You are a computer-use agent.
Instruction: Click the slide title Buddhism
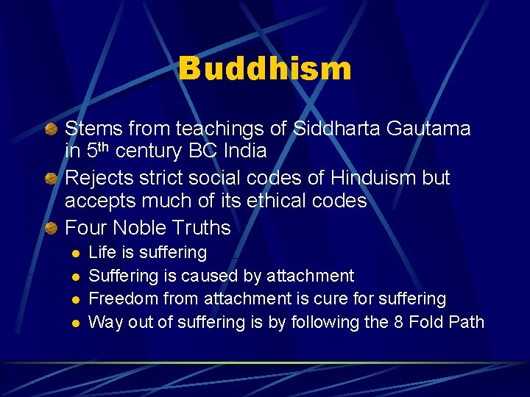click(x=265, y=69)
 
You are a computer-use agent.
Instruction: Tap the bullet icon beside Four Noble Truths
click(x=51, y=229)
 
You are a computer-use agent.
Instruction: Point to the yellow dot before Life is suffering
click(x=74, y=254)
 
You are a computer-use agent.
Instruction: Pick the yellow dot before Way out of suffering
click(x=74, y=323)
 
